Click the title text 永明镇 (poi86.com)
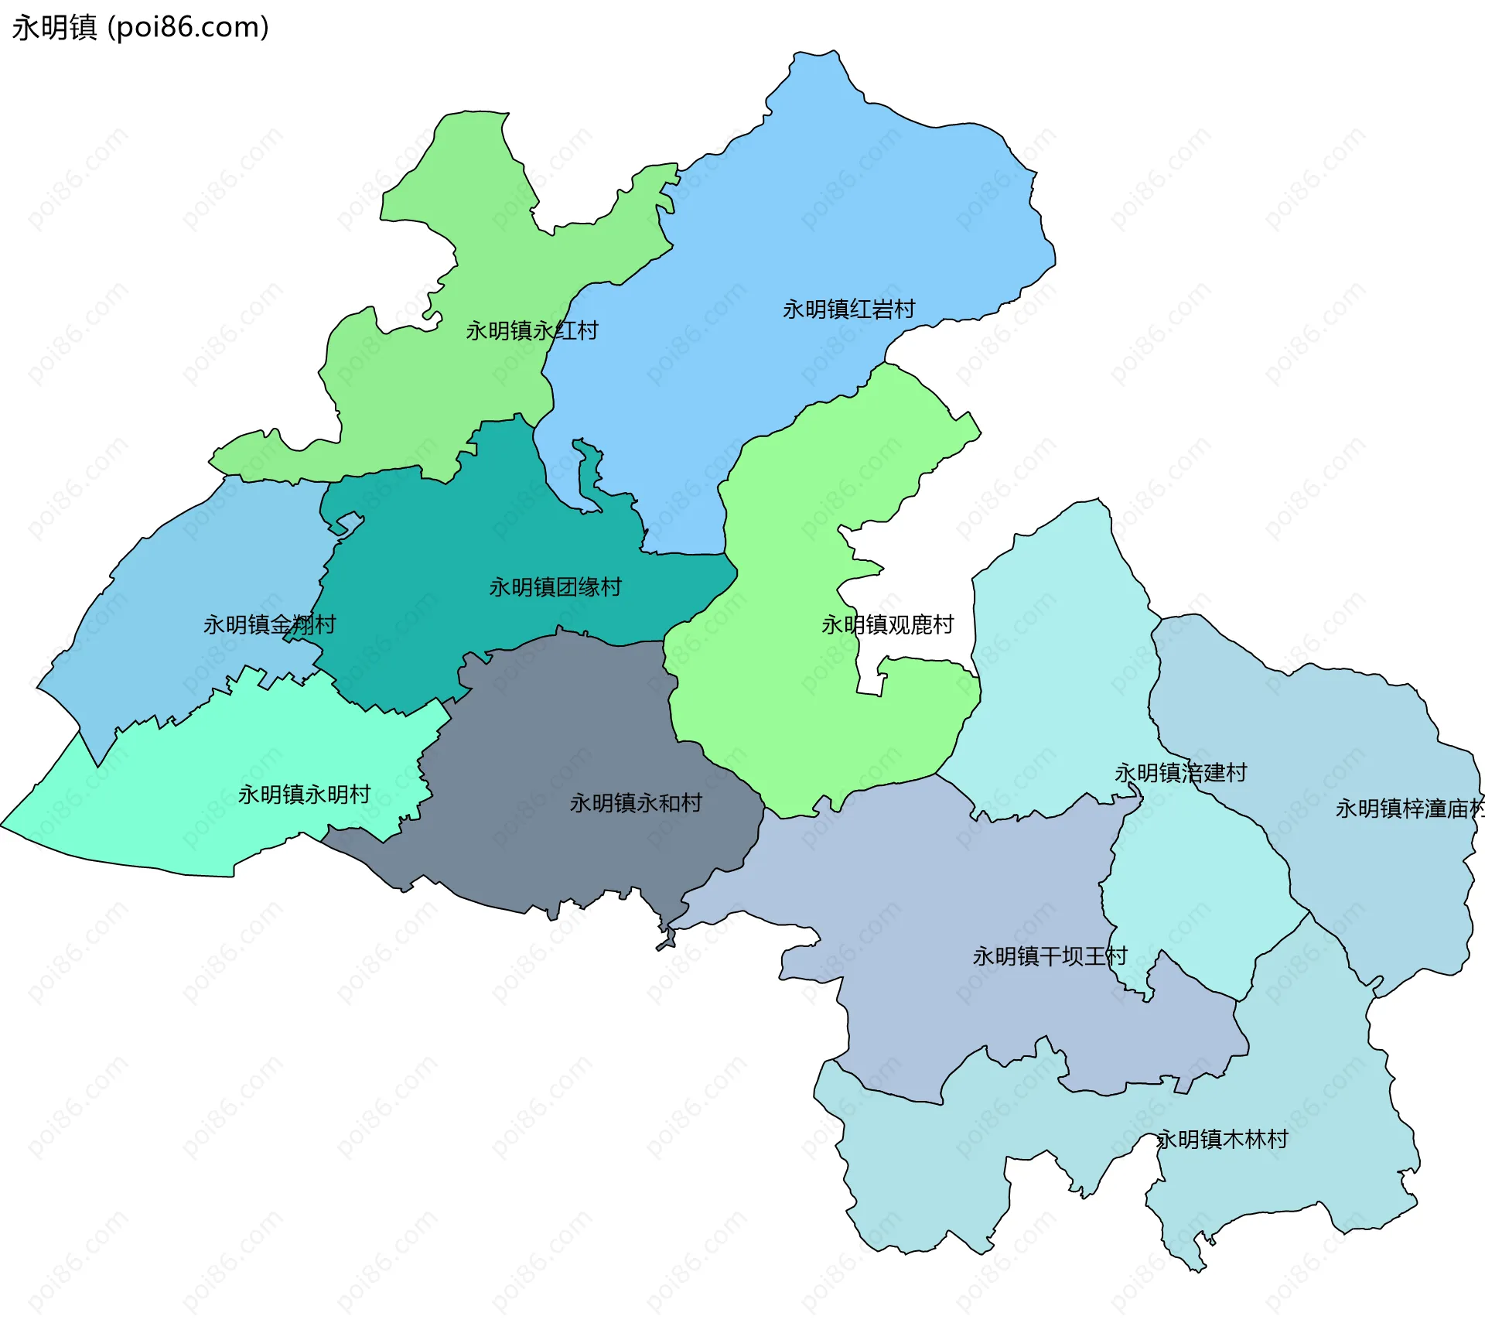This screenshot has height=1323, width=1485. [140, 27]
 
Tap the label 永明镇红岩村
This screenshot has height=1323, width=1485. [848, 309]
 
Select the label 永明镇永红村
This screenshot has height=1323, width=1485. [531, 331]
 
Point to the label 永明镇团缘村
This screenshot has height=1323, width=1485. [555, 587]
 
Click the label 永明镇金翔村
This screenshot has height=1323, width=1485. [269, 624]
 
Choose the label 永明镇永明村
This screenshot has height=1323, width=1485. [304, 795]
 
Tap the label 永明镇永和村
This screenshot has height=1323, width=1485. [636, 803]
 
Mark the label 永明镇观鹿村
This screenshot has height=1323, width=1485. [887, 624]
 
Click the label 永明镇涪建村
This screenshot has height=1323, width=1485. [1180, 773]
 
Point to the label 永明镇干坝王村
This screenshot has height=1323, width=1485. [1050, 956]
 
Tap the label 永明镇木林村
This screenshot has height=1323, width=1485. [1222, 1139]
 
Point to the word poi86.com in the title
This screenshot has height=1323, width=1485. [188, 27]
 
